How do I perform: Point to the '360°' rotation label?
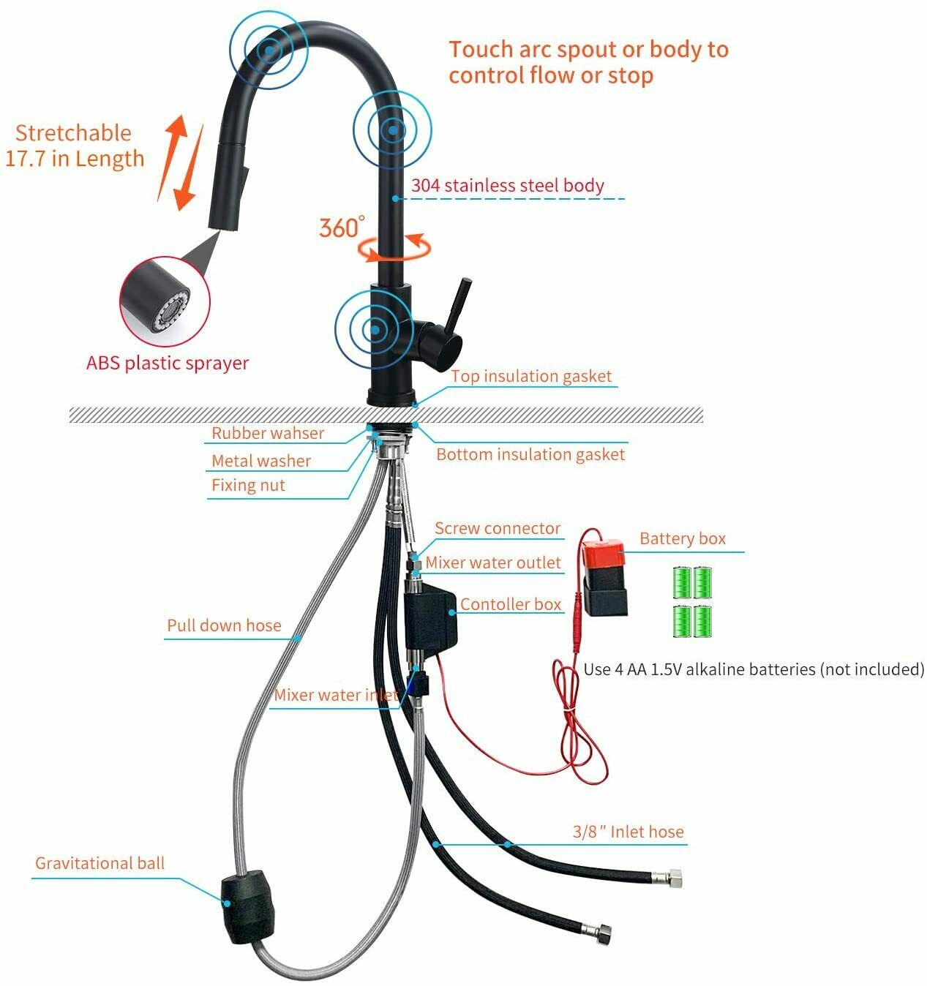click(x=341, y=227)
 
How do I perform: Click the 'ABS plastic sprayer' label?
click(x=168, y=363)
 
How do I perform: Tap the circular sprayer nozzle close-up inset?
click(x=165, y=302)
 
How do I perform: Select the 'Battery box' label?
click(x=683, y=538)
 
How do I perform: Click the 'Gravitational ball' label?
click(x=100, y=863)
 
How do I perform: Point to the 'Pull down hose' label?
click(x=224, y=625)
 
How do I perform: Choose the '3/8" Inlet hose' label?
click(x=628, y=832)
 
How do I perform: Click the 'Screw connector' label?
click(x=498, y=528)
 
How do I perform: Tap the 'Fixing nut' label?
click(x=248, y=485)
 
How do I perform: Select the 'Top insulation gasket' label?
click(x=532, y=376)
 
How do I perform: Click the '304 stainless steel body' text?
click(x=508, y=185)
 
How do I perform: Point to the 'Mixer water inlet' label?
click(x=337, y=695)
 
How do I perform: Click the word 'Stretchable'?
click(x=73, y=133)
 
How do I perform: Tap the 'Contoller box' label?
click(x=511, y=603)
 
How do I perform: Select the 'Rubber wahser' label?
click(x=268, y=433)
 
